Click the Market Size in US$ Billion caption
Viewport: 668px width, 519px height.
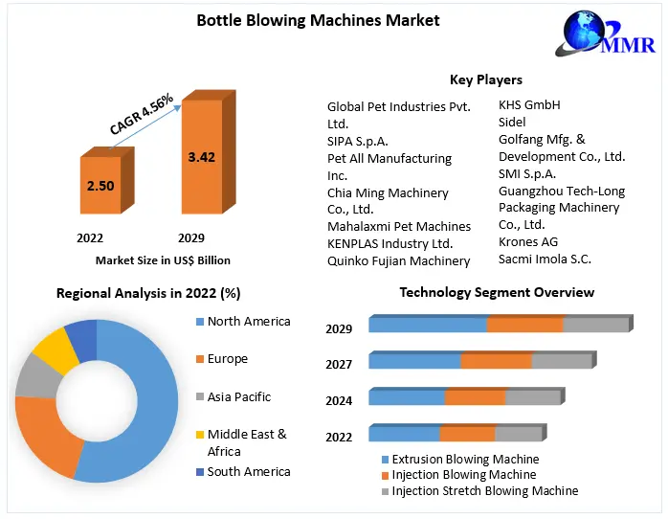click(164, 259)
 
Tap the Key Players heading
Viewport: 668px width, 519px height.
click(486, 79)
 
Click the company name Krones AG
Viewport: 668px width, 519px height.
click(528, 241)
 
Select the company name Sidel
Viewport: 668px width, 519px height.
click(513, 122)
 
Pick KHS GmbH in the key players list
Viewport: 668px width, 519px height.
click(529, 104)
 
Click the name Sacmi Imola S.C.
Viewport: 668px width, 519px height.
click(546, 259)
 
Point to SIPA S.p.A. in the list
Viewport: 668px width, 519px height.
click(358, 141)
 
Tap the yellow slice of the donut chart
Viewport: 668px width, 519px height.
click(55, 350)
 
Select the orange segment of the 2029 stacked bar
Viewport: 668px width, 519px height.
click(524, 325)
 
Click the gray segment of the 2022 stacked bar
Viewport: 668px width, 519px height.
click(518, 433)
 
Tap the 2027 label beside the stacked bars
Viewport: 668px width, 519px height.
click(339, 364)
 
